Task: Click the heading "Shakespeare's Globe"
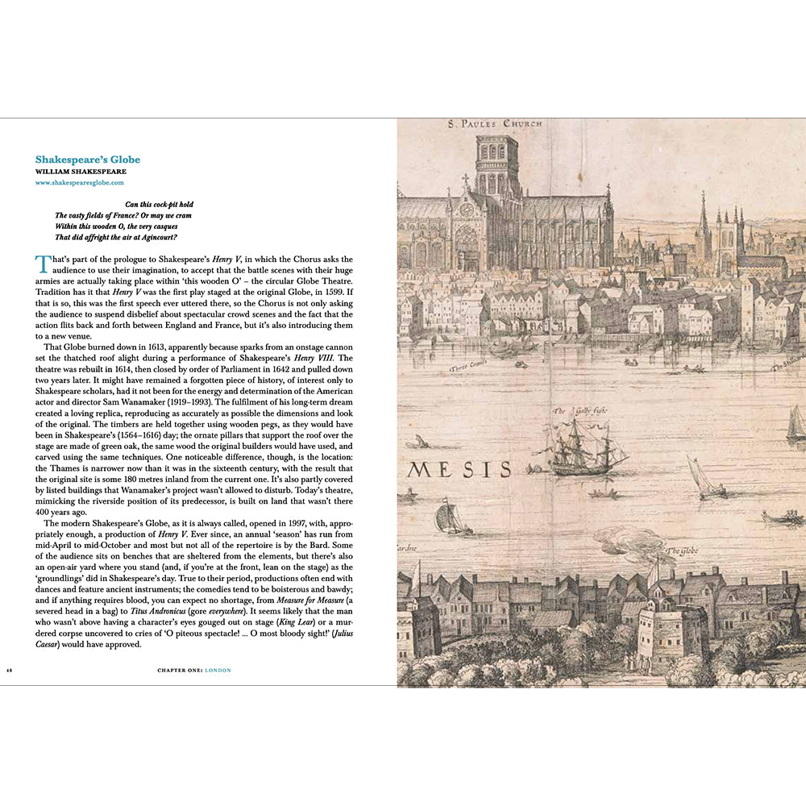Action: click(88, 160)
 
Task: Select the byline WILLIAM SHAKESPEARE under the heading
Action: click(81, 172)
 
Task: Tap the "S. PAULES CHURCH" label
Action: click(496, 124)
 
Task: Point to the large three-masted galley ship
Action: click(587, 448)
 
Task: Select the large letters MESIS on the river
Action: click(459, 469)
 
